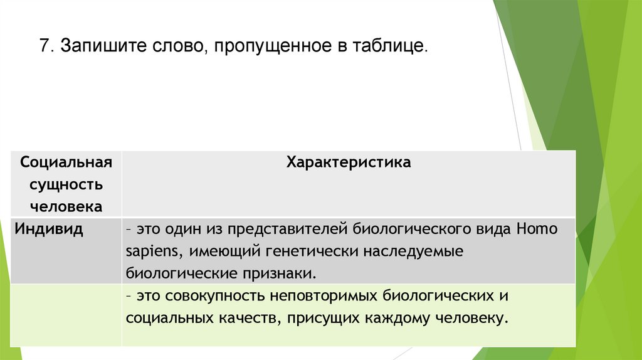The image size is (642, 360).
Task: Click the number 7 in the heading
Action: [45, 47]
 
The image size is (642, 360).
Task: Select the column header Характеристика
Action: [349, 162]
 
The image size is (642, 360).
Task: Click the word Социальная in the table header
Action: [66, 162]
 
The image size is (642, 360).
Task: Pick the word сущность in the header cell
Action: [66, 184]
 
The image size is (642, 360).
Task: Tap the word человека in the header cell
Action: [66, 206]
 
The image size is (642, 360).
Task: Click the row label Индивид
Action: [50, 229]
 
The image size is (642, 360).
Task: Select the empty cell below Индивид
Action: [66, 314]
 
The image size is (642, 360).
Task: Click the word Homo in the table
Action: [537, 229]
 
